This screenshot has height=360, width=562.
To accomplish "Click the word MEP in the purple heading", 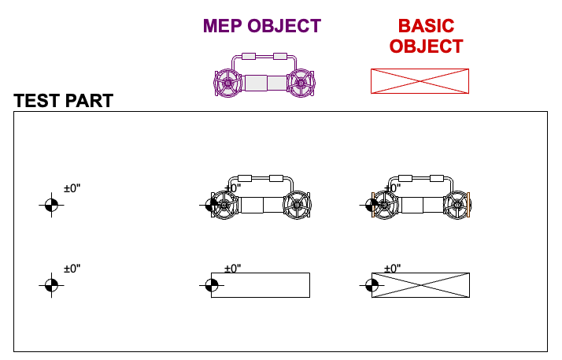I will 223,26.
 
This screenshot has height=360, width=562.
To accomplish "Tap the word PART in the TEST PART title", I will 91,101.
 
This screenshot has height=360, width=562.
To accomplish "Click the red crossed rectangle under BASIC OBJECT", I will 420,81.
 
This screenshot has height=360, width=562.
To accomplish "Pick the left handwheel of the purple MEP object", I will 227,82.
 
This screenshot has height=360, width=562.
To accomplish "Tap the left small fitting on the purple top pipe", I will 250,57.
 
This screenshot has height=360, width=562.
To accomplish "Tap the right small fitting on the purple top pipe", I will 280,57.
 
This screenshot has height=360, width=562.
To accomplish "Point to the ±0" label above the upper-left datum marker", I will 72,189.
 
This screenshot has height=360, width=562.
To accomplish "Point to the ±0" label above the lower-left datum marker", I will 72,269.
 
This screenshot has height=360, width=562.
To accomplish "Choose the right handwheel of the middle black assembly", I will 298,205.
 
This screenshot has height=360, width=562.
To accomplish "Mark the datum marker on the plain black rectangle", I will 211,285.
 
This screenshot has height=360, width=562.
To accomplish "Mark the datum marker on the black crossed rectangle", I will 372,285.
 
